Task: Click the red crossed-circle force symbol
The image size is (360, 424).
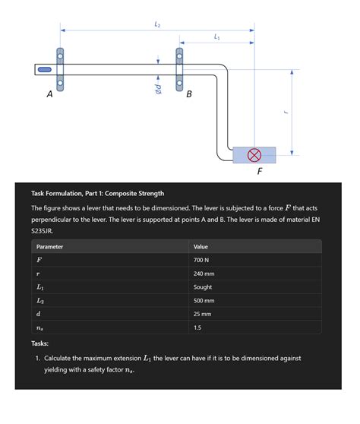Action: click(x=254, y=155)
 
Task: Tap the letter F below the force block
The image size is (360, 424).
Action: click(x=260, y=172)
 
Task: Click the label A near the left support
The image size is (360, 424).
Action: click(x=49, y=94)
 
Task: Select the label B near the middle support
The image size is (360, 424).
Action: click(x=189, y=94)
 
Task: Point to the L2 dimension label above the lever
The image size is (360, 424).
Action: click(x=157, y=24)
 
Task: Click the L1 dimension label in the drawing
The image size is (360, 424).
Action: click(x=216, y=36)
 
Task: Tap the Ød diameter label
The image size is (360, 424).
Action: click(x=158, y=89)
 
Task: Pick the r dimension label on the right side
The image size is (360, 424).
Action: click(x=286, y=112)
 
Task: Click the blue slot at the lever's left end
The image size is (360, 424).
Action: click(x=45, y=69)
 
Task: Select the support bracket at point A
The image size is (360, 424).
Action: click(x=60, y=69)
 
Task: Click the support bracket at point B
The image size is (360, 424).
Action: click(x=179, y=69)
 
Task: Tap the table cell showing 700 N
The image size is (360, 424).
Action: click(x=201, y=260)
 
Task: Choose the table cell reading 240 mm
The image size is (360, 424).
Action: click(x=204, y=274)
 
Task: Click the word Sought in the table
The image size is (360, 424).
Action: click(x=203, y=287)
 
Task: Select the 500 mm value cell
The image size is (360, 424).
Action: click(x=204, y=301)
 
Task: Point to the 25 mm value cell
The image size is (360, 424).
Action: click(x=202, y=315)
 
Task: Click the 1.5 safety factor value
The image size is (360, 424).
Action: click(x=197, y=327)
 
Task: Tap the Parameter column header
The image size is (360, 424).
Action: click(x=49, y=247)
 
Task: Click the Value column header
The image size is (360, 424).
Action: click(x=201, y=247)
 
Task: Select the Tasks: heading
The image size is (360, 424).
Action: click(x=39, y=343)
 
